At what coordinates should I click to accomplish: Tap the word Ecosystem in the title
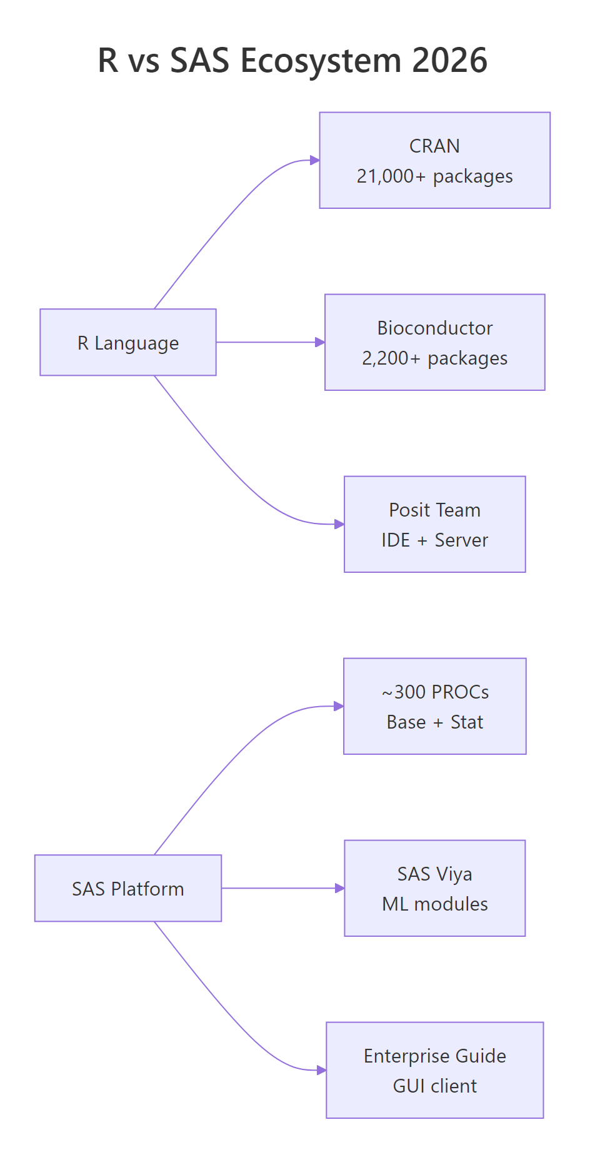pyautogui.click(x=321, y=61)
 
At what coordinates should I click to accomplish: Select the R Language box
pyautogui.click(x=128, y=343)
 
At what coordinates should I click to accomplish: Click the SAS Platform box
pyautogui.click(x=128, y=888)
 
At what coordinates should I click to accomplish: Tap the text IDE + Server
pyautogui.click(x=434, y=540)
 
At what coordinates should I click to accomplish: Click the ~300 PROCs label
pyautogui.click(x=435, y=692)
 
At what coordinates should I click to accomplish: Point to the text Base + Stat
pyautogui.click(x=434, y=722)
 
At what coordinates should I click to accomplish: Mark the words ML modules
pyautogui.click(x=434, y=904)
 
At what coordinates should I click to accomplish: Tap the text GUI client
pyautogui.click(x=434, y=1086)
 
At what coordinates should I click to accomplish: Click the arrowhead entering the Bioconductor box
pyautogui.click(x=320, y=342)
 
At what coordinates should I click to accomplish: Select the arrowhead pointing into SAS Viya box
pyautogui.click(x=339, y=888)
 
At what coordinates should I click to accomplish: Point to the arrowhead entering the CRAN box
pyautogui.click(x=315, y=161)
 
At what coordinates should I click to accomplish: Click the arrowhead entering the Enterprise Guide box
pyautogui.click(x=321, y=1070)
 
